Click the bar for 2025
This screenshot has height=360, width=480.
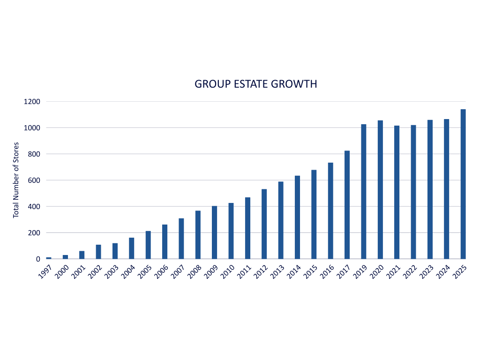point(463,184)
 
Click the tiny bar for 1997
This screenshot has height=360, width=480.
point(49,258)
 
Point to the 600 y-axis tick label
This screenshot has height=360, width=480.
point(35,180)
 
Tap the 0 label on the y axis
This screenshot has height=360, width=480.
point(38,259)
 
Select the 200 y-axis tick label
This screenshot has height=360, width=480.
point(35,233)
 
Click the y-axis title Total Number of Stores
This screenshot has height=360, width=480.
point(16,180)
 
